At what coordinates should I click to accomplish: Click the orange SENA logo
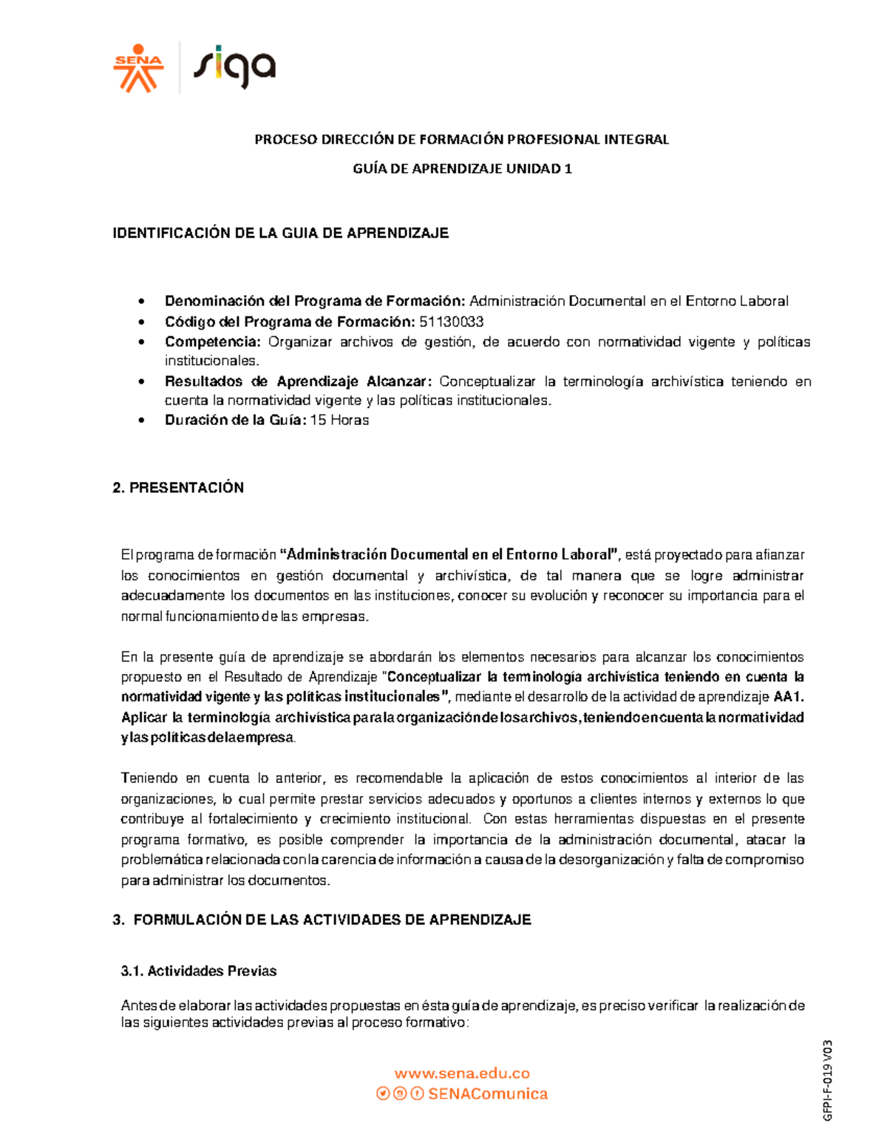pos(137,69)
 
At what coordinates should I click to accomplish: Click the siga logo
pos(234,68)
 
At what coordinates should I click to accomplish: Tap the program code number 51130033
pos(451,322)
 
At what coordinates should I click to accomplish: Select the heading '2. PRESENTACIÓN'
pos(178,488)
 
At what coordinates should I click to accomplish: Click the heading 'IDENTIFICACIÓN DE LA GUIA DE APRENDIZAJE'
pos(280,234)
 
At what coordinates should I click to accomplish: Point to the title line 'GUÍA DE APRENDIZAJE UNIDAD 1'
pos(462,169)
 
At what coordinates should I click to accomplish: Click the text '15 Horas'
pos(339,420)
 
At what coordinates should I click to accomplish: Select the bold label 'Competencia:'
pos(213,342)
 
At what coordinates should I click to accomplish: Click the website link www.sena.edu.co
pos(462,1073)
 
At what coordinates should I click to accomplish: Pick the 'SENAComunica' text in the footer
pos(488,1094)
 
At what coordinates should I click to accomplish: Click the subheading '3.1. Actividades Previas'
pos(199,971)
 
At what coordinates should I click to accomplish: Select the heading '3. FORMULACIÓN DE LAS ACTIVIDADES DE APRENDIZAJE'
pos(322,920)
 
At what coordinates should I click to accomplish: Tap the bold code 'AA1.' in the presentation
pos(789,696)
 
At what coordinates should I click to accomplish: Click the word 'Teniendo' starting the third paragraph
pos(149,778)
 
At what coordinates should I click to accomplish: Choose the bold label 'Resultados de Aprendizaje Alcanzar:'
pos(298,381)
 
